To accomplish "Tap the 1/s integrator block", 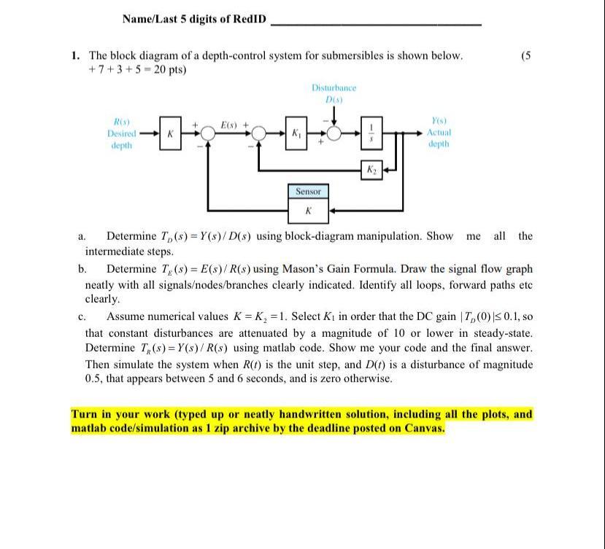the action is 371,133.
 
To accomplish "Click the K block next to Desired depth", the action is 169,134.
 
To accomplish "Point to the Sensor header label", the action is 308,191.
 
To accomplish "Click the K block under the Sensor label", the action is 308,210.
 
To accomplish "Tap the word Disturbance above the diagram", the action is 334,87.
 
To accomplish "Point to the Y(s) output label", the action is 439,121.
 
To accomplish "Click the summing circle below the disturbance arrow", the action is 334,134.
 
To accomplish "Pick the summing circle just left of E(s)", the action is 208,134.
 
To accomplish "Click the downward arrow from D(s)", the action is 334,114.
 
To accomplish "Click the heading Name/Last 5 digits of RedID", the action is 194,19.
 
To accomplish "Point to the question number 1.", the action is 75,55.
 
